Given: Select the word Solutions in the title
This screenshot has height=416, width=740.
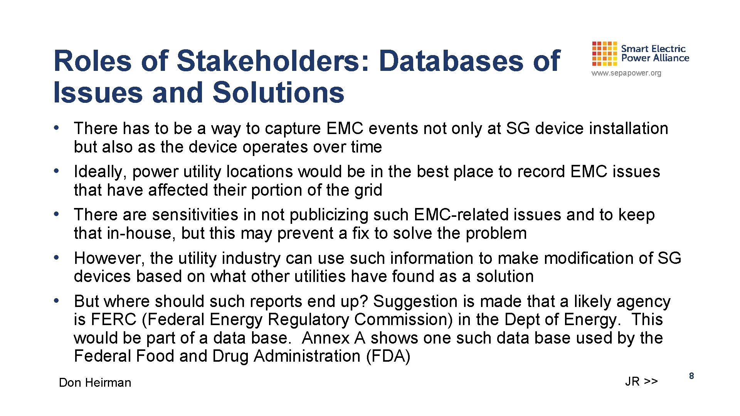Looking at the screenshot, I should coord(278,93).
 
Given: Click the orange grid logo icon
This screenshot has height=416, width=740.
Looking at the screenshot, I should coord(605,54).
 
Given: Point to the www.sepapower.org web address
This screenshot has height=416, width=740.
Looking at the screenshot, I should coord(626,73).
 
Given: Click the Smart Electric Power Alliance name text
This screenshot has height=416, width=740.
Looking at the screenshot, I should coord(655,54).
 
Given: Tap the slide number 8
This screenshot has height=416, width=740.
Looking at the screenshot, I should coord(691,376).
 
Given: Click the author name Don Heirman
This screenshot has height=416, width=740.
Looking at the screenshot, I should coord(95,382).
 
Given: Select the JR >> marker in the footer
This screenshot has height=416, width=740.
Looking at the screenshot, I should coord(641,381).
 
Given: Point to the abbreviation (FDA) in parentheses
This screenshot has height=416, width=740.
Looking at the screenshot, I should coord(388,356).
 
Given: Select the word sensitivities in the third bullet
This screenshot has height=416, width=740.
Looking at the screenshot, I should coord(195,215).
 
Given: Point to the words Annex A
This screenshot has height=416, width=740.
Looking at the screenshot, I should coord(334,338).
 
